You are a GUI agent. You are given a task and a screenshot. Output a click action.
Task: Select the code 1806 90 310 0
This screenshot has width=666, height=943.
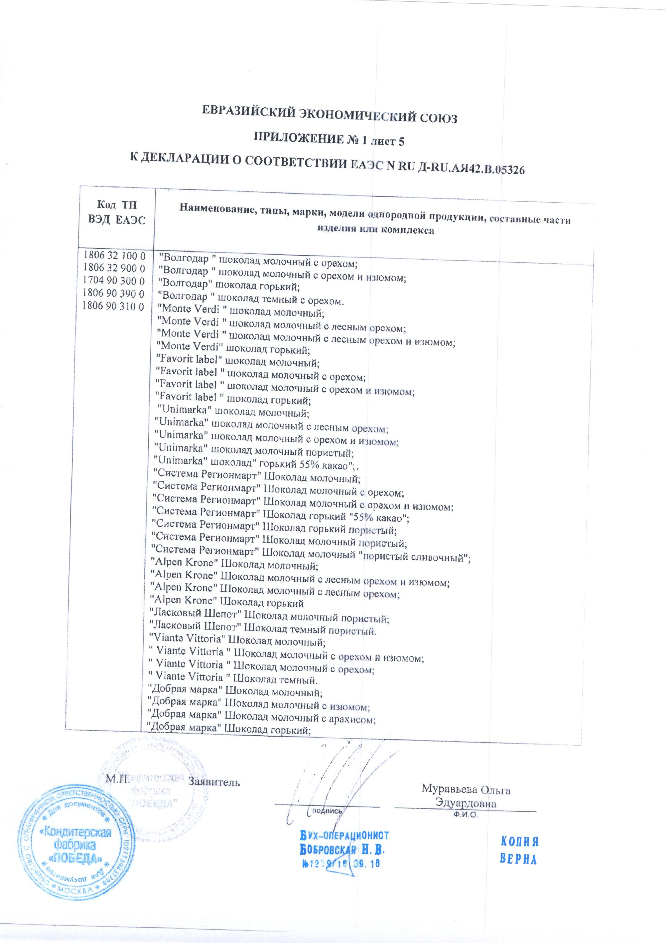[x=113, y=306]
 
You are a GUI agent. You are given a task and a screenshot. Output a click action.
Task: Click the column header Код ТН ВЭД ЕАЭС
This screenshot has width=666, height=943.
[x=117, y=212]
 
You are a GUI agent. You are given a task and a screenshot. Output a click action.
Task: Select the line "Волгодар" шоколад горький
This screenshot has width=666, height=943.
[x=229, y=285]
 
